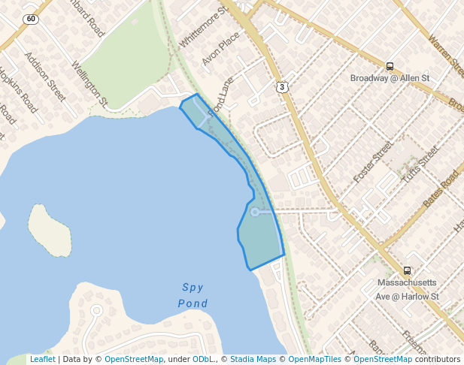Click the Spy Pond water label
point(193,295)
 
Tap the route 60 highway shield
point(30,18)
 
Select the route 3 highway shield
point(282,87)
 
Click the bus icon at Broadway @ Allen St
point(390,67)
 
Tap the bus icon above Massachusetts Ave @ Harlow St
point(407,271)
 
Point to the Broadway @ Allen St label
point(390,78)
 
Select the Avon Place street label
point(220,48)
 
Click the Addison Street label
point(45,76)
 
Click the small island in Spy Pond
point(50,230)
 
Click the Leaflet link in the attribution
point(42,360)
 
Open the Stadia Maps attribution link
point(251,360)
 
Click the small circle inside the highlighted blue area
point(255,213)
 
